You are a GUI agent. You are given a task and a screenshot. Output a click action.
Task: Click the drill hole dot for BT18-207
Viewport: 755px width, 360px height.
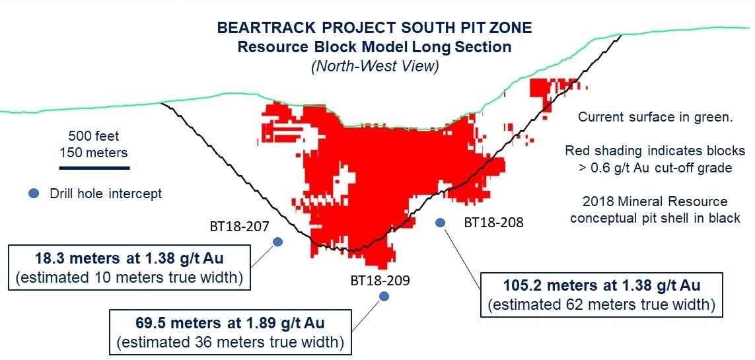[277, 242]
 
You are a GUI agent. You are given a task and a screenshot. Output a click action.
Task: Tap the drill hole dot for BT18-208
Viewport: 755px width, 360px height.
[440, 223]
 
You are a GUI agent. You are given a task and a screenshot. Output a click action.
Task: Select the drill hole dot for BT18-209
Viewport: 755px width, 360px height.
[384, 297]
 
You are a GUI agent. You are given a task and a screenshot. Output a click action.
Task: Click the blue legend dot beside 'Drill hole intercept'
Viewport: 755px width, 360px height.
[33, 194]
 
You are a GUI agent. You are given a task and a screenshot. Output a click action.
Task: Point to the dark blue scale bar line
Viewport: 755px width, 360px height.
[94, 168]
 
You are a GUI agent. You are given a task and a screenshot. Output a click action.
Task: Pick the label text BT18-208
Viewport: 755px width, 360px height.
[493, 223]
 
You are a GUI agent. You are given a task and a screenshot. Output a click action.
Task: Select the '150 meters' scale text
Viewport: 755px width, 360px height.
[94, 153]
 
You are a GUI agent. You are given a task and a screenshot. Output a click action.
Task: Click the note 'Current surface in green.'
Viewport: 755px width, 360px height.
[655, 117]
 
